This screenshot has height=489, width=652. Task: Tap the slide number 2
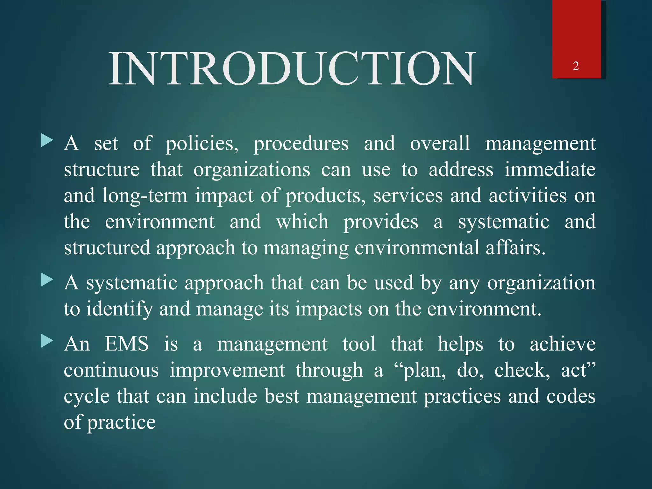pyautogui.click(x=576, y=66)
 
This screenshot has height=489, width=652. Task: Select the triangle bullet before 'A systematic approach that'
pyautogui.click(x=47, y=280)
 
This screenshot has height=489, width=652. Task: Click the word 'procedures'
pyautogui.click(x=301, y=144)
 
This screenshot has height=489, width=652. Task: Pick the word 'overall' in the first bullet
pyautogui.click(x=440, y=144)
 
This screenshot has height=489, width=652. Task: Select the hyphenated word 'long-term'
pyautogui.click(x=145, y=195)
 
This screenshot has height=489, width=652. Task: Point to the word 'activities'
pyautogui.click(x=528, y=195)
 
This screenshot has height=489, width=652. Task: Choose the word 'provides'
pyautogui.click(x=381, y=222)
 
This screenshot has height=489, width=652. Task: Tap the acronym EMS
pyautogui.click(x=127, y=344)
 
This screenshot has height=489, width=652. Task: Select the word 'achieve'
pyautogui.click(x=563, y=344)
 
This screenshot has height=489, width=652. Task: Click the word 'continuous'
pyautogui.click(x=111, y=370)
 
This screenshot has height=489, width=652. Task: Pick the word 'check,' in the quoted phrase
pyautogui.click(x=522, y=370)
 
